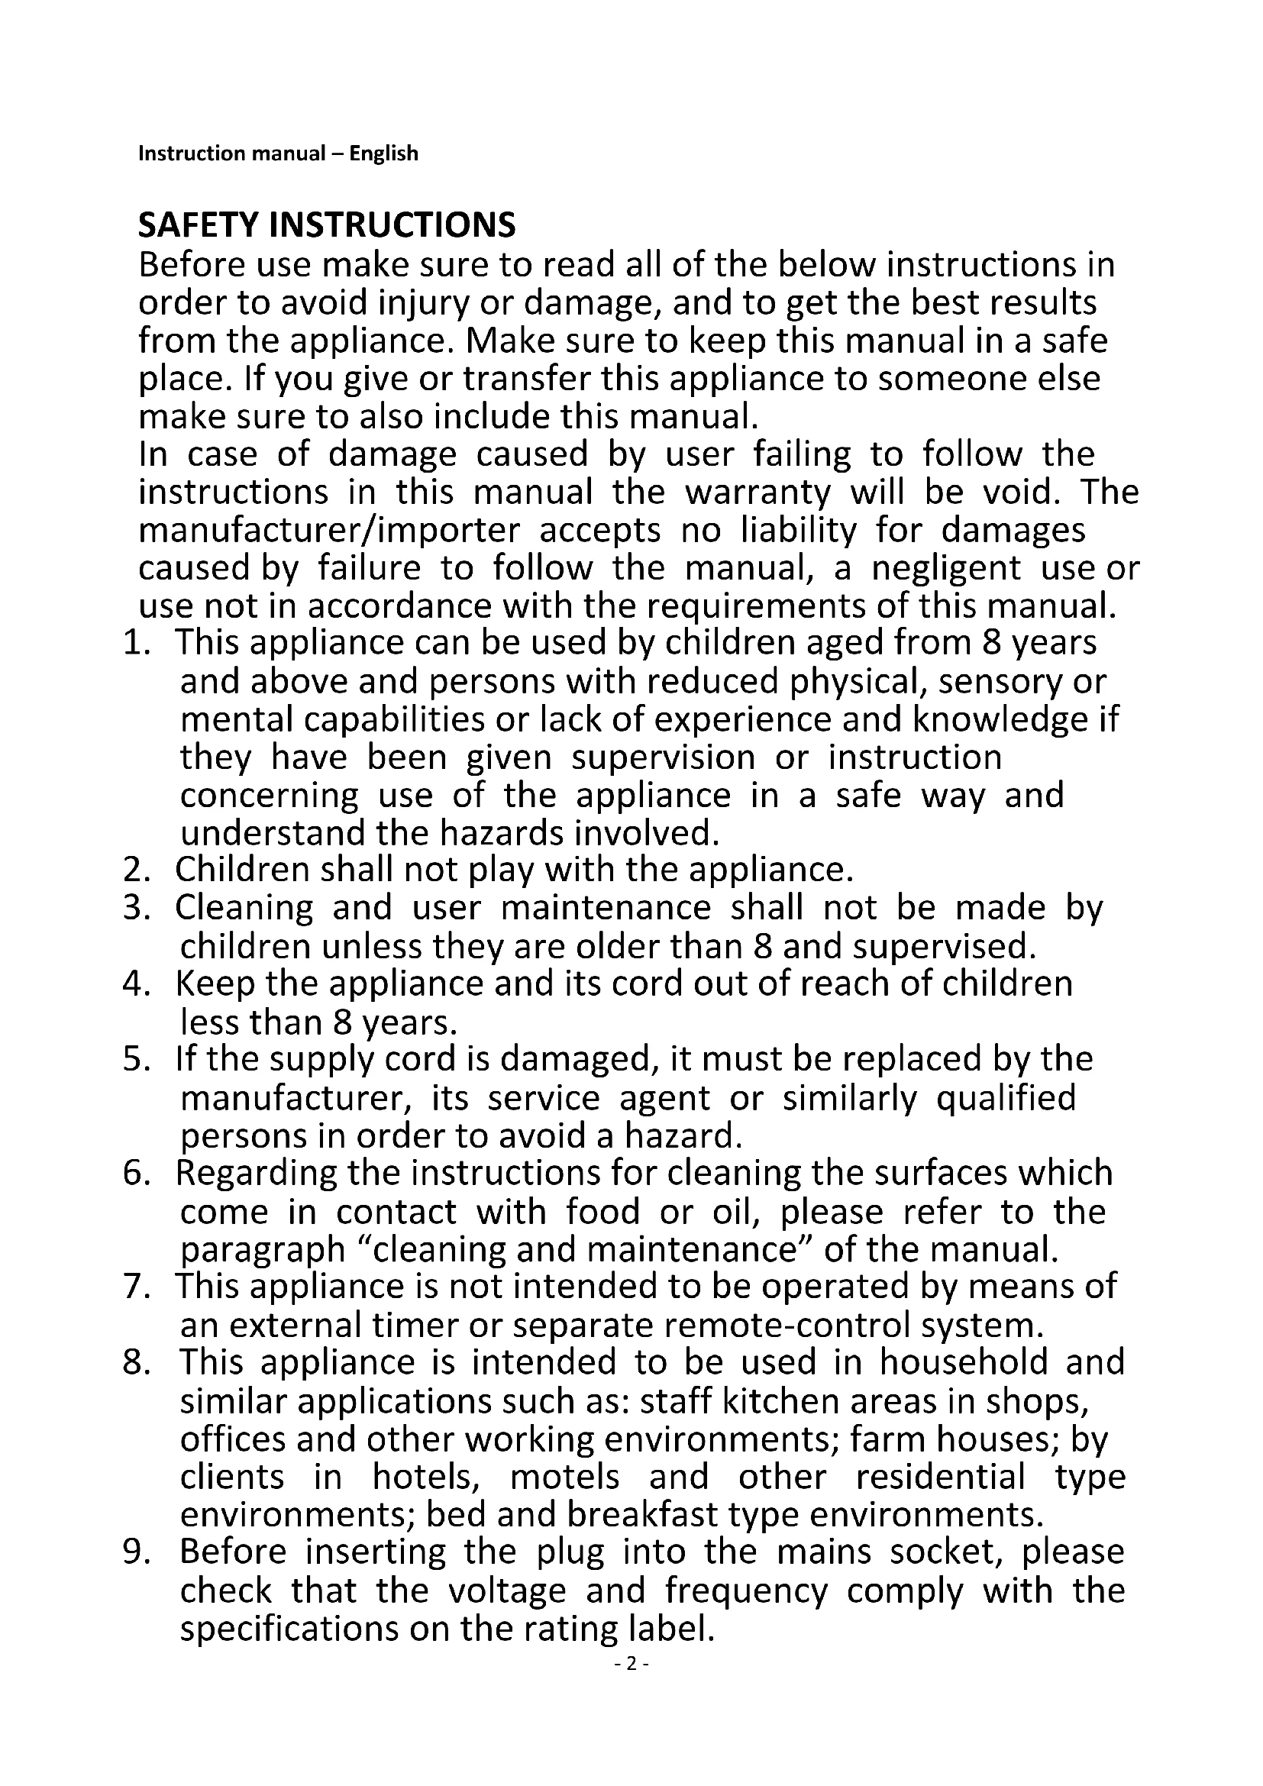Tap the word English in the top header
point(383,153)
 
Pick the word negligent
point(945,568)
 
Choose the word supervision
point(664,757)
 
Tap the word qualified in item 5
point(1006,1098)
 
